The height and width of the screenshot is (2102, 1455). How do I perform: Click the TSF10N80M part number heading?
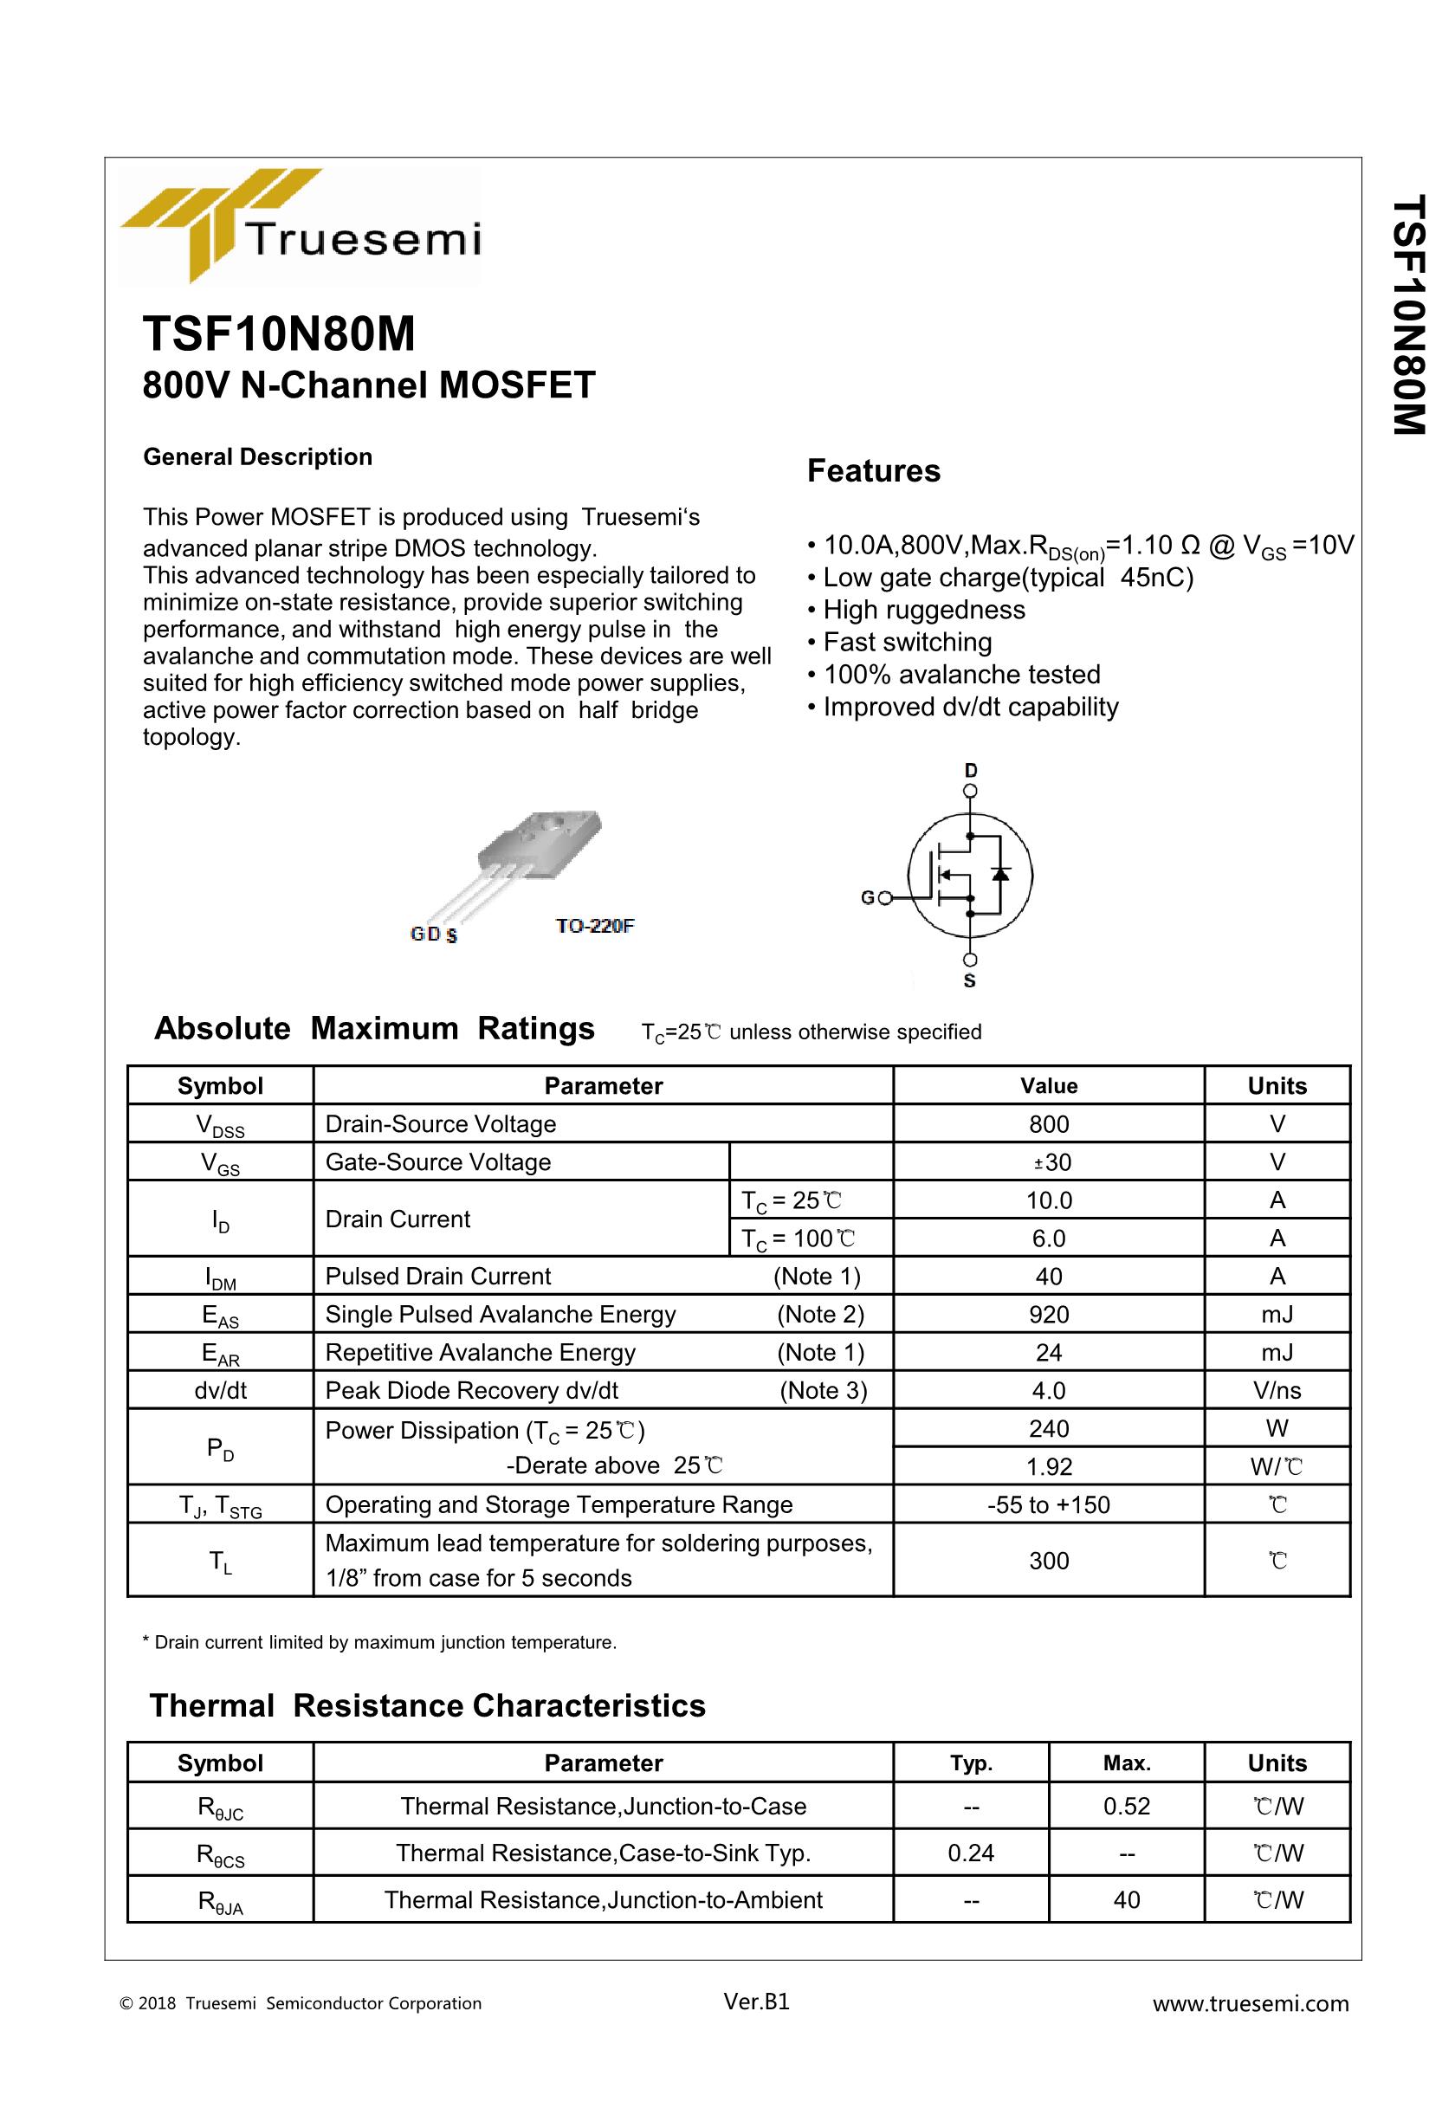(279, 334)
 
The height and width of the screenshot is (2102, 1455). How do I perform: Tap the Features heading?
(872, 471)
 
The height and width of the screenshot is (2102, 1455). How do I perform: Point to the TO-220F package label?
(594, 926)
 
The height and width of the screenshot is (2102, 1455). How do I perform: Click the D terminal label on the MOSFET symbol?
(970, 771)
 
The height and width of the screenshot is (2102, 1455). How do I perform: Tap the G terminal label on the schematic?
(867, 898)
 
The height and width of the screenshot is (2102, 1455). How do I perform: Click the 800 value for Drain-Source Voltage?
(1049, 1124)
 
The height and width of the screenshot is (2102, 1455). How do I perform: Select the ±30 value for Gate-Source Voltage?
(1049, 1162)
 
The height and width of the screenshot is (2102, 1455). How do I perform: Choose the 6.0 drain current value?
(1049, 1238)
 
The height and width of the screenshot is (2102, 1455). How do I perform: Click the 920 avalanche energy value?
(1049, 1315)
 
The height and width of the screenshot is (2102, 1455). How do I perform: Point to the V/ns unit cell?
(1277, 1390)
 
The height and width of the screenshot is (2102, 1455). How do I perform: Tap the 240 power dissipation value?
(1049, 1428)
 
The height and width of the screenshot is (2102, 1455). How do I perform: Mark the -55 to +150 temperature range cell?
(1049, 1505)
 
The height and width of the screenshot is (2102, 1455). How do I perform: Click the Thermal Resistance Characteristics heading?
(428, 1705)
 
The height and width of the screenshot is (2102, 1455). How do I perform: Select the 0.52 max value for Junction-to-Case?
(1126, 1806)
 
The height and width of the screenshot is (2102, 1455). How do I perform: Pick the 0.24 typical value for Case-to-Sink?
(970, 1853)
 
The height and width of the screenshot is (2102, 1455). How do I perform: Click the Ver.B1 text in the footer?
(756, 2001)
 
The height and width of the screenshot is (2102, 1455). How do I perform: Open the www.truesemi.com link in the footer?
(1250, 2002)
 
